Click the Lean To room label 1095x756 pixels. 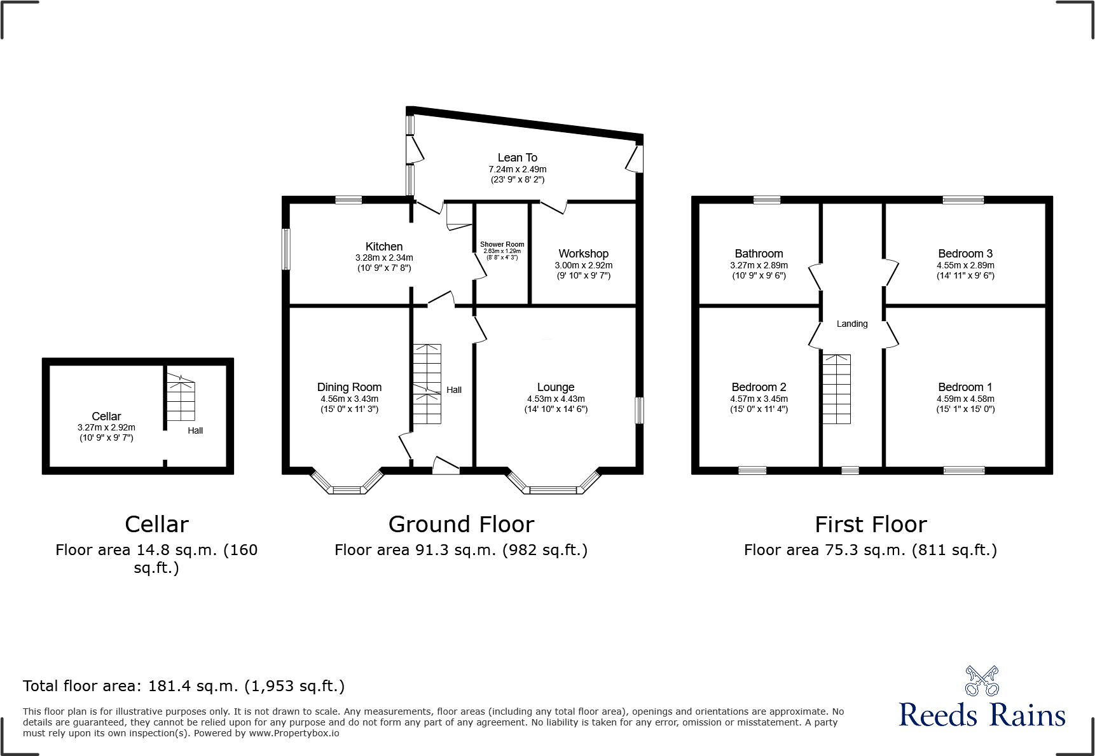tap(517, 157)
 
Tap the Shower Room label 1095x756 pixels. tap(502, 244)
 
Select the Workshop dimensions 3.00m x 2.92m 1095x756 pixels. tap(583, 265)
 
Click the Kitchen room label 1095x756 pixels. tap(383, 246)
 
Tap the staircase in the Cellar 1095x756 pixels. tap(181, 399)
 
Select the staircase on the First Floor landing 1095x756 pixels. tap(836, 388)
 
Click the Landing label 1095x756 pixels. tap(851, 324)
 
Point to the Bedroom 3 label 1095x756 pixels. tap(965, 253)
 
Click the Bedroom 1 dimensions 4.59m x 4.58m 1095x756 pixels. tap(965, 399)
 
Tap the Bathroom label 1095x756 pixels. tap(759, 253)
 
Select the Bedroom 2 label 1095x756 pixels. tap(759, 387)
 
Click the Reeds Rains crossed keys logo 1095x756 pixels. tap(981, 681)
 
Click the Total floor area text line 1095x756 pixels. tap(184, 685)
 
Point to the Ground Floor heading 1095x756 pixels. tap(461, 524)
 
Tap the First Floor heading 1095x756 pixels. tap(871, 524)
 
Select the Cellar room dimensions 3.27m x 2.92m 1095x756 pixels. tap(106, 427)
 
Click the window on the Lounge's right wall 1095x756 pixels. tap(639, 410)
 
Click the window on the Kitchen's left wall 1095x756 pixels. tap(286, 249)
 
